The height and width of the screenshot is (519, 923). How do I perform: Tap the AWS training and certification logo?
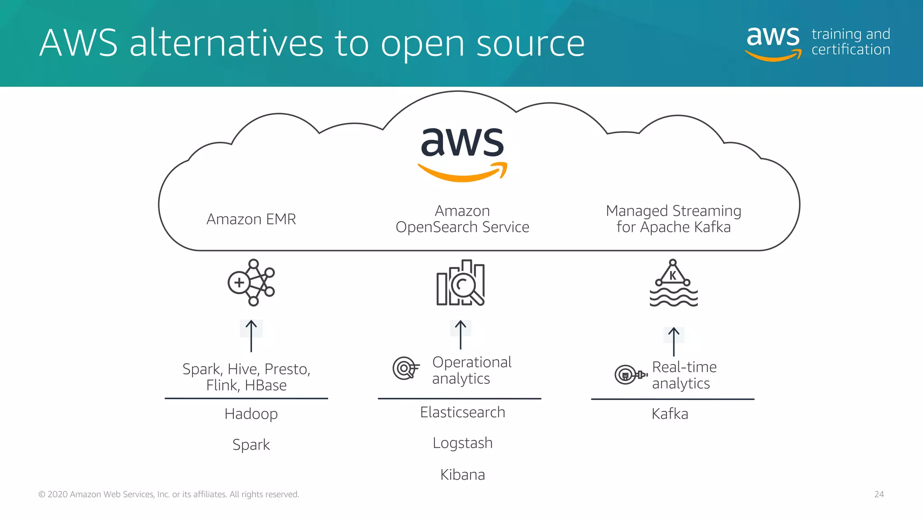pos(818,42)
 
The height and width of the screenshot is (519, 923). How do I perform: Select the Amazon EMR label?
pos(251,219)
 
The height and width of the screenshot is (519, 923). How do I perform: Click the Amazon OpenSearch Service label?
pos(462,219)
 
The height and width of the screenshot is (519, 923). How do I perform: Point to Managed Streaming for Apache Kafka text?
pos(673,219)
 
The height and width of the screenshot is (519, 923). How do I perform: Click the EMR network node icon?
pos(251,282)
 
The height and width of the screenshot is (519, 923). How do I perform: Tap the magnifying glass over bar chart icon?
pos(461,283)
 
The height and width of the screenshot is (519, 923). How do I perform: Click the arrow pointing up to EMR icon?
pos(251,336)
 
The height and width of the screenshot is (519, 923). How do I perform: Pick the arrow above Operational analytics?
pos(460,334)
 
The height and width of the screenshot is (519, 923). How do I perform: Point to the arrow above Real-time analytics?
pos(673,341)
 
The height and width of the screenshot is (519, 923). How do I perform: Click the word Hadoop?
pos(251,414)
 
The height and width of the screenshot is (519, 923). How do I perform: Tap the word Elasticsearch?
pos(462,412)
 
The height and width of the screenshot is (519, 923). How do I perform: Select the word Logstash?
pos(462,443)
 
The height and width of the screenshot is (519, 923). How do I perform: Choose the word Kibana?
pos(462,475)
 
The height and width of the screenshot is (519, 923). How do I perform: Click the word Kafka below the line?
pos(670,414)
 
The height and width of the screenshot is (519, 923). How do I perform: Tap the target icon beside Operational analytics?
pos(405,368)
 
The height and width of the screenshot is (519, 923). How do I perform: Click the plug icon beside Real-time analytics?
pos(630,374)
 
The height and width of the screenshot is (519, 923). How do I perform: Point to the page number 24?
pos(879,494)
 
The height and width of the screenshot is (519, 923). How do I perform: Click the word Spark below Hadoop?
pos(251,445)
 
